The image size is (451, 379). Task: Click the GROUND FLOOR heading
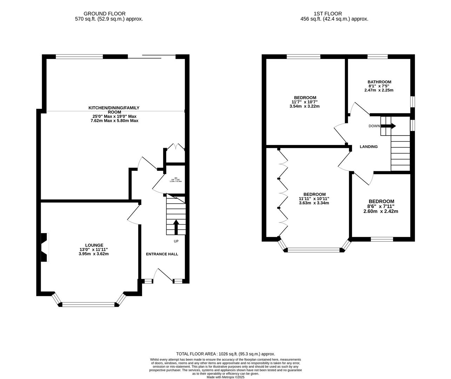109,14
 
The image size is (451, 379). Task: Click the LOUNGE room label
94,245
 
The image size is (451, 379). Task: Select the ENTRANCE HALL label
162,254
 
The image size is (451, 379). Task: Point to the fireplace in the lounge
45,247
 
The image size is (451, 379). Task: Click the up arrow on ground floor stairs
176,226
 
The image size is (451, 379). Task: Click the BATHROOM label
379,82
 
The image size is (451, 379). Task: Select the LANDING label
369,147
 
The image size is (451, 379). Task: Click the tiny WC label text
176,178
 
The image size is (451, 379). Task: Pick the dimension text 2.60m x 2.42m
381,211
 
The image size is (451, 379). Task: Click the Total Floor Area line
225,354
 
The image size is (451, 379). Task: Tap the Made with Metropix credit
225,377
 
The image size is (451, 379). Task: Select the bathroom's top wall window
378,56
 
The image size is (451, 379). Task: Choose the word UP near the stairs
176,241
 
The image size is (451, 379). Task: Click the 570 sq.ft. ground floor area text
109,19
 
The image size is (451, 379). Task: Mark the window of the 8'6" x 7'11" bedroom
382,239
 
